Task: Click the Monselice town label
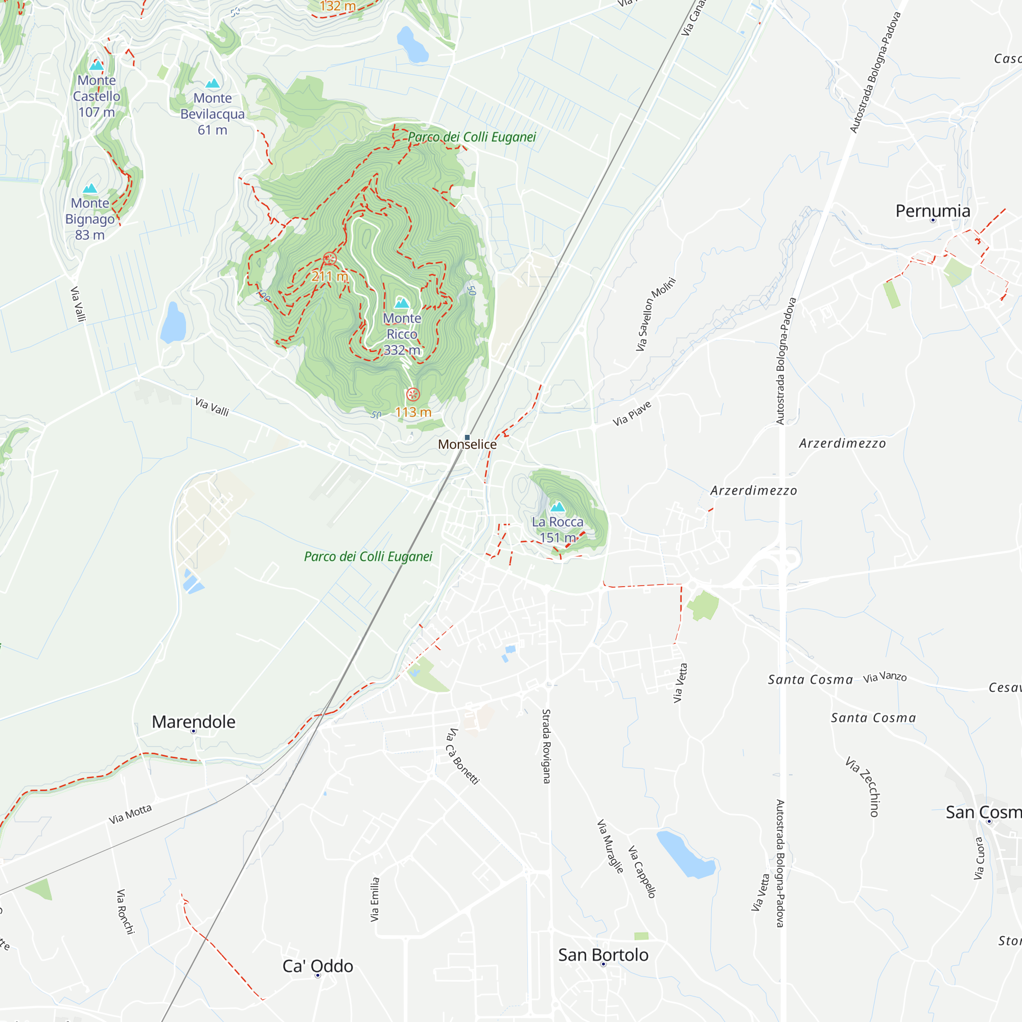pyautogui.click(x=467, y=445)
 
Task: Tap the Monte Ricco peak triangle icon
pyautogui.click(x=402, y=303)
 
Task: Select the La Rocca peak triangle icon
pyautogui.click(x=558, y=507)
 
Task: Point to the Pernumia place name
pyautogui.click(x=933, y=211)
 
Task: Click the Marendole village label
pyautogui.click(x=194, y=722)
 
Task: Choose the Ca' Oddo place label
pyautogui.click(x=317, y=966)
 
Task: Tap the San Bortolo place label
pyautogui.click(x=603, y=956)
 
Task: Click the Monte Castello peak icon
pyautogui.click(x=96, y=65)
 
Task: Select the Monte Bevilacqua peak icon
pyautogui.click(x=213, y=83)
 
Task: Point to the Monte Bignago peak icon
pyautogui.click(x=90, y=189)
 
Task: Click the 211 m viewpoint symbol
pyautogui.click(x=330, y=259)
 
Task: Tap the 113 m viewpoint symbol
pyautogui.click(x=413, y=394)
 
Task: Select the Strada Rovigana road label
pyautogui.click(x=546, y=747)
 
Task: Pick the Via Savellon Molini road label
pyautogui.click(x=656, y=314)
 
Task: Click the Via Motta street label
pyautogui.click(x=130, y=814)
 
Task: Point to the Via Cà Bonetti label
pyautogui.click(x=462, y=756)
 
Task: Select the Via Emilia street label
pyautogui.click(x=375, y=899)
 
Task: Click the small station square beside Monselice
pyautogui.click(x=467, y=437)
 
